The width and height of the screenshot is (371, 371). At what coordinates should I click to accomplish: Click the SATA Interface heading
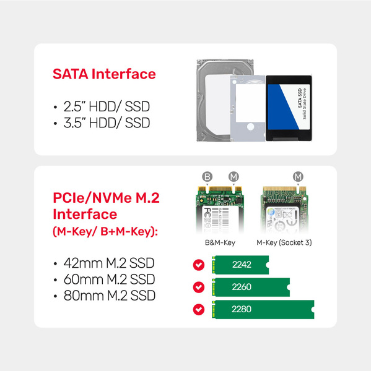point(104,74)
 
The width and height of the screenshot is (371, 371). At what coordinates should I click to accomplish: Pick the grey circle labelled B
point(207,177)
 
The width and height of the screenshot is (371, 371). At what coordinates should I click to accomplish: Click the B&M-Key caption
point(220,242)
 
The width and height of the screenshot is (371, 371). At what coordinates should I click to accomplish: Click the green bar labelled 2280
point(263,309)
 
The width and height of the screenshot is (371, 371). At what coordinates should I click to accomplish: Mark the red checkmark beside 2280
point(199,309)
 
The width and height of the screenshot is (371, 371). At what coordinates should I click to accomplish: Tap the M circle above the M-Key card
point(299,177)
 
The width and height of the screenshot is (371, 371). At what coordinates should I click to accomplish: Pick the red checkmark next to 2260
point(199,288)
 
